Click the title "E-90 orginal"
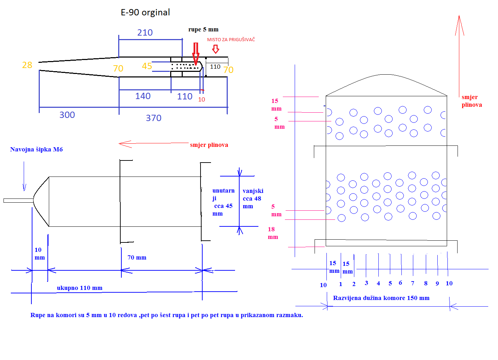point(145,13)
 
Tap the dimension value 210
point(145,33)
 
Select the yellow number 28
point(27,65)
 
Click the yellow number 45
point(147,66)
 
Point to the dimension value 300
point(67,115)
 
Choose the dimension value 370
point(153,118)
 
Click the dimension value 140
point(143,96)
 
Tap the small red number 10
point(202,100)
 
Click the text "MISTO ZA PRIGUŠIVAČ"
point(231,39)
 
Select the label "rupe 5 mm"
point(203,29)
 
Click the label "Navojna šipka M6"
point(36,149)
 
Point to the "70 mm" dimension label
point(137,257)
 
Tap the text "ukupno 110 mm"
point(80,288)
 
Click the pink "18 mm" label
point(273,233)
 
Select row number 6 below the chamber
point(400,283)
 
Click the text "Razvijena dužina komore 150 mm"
point(381,298)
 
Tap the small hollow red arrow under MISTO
point(216,49)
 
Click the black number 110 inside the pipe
point(215,67)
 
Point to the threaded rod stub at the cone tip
point(18,201)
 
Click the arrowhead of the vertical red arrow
point(459,25)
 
